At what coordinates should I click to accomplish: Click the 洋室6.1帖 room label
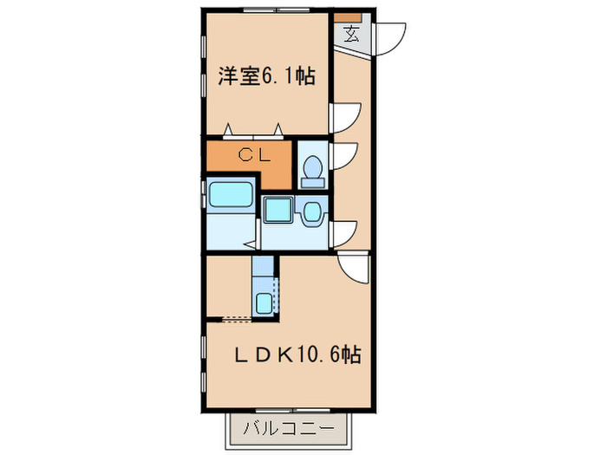pos(265,76)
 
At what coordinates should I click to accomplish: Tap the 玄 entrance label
pos(352,35)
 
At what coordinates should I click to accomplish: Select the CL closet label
pos(254,157)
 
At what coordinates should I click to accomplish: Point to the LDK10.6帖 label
pos(298,354)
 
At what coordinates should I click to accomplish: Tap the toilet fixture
pos(311,170)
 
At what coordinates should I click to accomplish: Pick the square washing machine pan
pos(278,209)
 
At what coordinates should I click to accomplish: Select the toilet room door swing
pos(346,155)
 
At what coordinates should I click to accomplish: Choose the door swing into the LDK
pos(356,267)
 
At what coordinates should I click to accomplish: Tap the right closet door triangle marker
pos(278,130)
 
